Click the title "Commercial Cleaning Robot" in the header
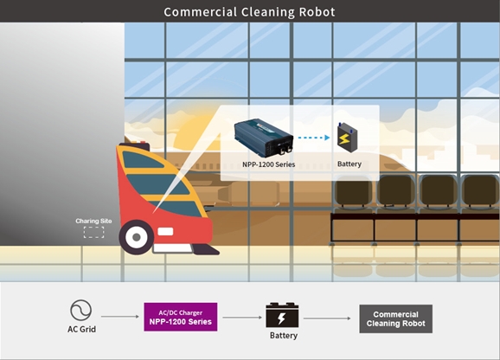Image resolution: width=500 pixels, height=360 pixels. click(x=249, y=12)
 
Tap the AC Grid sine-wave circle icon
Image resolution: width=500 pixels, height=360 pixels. click(x=81, y=310)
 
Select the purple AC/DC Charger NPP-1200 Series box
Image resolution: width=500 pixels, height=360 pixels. click(x=181, y=317)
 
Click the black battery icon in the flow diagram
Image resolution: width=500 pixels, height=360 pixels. click(x=282, y=315)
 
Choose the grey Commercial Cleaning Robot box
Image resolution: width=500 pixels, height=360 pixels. click(x=395, y=318)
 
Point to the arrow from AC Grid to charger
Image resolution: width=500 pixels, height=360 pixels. click(x=120, y=317)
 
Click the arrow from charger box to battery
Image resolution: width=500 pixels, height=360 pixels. click(x=242, y=318)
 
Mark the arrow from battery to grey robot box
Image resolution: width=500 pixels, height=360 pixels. click(x=327, y=318)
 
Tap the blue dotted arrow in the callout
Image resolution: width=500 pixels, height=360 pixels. click(x=314, y=138)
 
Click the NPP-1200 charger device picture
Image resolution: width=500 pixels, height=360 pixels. click(x=264, y=138)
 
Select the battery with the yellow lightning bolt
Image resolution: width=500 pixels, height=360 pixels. click(x=347, y=138)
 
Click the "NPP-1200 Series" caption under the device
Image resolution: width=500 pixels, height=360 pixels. click(x=268, y=164)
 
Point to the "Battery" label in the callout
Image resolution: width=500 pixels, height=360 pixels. click(x=349, y=164)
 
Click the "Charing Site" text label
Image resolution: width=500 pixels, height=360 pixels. click(x=93, y=221)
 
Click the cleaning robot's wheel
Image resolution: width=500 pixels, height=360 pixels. click(x=137, y=237)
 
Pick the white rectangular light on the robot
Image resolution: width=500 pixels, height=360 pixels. click(x=165, y=232)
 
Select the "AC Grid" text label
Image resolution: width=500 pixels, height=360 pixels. click(x=81, y=329)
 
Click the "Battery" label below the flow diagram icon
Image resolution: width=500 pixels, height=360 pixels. click(x=284, y=336)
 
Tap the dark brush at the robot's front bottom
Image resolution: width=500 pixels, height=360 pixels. click(x=206, y=249)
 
